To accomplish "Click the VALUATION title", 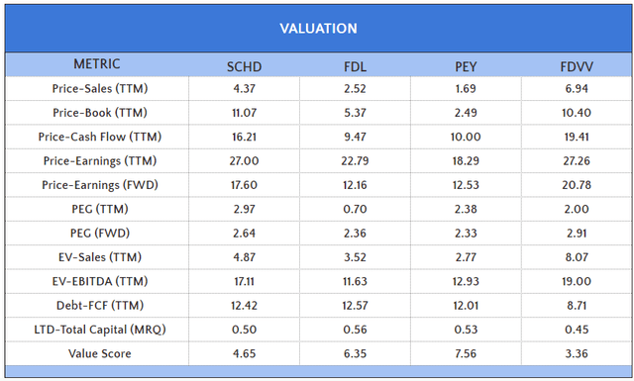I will click(318, 28).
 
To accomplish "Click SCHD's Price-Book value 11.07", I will click(245, 113).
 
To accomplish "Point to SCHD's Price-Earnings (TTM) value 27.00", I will click(245, 161).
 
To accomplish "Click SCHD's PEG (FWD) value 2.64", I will click(245, 234).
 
